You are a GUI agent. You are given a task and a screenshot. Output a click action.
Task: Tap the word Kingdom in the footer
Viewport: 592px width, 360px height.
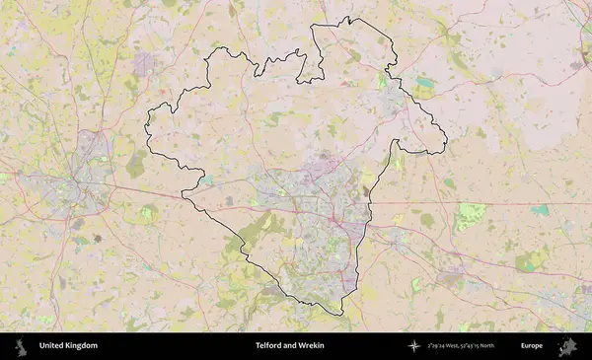pos(81,346)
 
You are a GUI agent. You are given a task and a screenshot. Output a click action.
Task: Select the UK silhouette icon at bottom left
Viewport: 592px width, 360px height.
pos(20,346)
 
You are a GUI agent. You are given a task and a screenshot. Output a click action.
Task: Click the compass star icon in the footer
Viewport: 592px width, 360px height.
pos(414,346)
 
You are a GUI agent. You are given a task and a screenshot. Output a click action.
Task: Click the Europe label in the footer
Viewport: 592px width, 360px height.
pos(532,346)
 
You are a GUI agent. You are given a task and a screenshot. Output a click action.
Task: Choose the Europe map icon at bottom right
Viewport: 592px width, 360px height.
pos(567,346)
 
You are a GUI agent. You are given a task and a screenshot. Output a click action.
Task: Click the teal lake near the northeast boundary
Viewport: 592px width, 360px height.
pos(424,83)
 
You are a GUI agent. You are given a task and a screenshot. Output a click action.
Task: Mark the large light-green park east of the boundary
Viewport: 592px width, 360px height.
pos(472,215)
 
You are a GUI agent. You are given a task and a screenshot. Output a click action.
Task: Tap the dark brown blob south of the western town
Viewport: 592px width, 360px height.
pos(99,240)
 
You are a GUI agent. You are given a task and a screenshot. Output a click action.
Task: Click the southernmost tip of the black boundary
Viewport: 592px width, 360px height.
pos(341,315)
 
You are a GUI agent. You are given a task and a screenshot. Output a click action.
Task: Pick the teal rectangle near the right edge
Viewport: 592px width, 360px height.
pos(540,210)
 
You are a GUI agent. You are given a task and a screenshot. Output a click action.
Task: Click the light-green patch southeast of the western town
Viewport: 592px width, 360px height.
pos(148,212)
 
